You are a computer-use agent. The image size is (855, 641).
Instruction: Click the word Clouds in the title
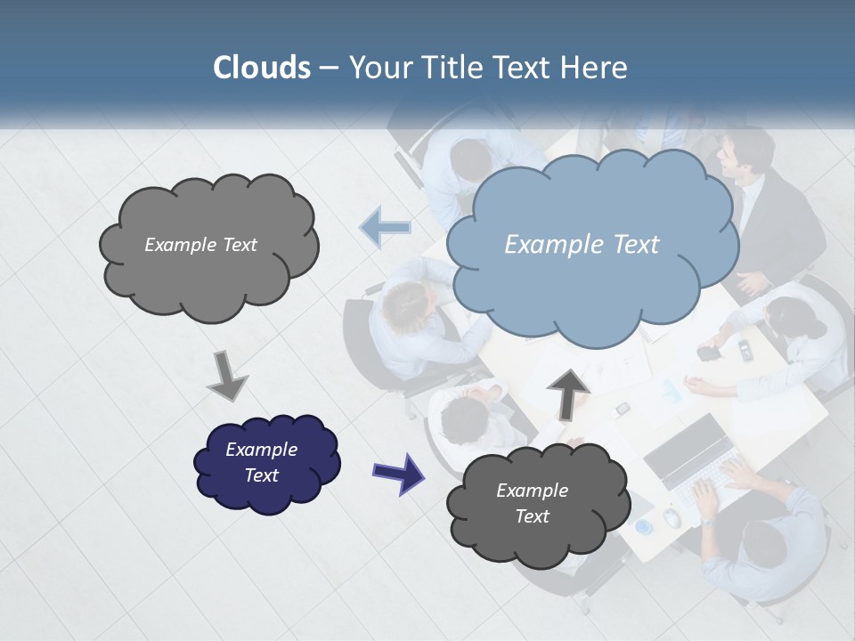(x=262, y=68)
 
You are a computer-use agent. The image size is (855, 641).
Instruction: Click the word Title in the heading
(x=452, y=68)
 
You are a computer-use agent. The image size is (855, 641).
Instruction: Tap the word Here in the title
(x=595, y=68)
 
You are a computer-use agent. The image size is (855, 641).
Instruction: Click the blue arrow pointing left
(x=386, y=228)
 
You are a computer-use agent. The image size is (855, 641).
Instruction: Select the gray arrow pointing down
(x=227, y=376)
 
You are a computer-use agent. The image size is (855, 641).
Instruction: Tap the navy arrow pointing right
(x=397, y=473)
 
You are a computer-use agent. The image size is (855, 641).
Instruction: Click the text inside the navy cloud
(x=261, y=462)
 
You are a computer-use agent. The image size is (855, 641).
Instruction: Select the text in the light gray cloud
(x=200, y=245)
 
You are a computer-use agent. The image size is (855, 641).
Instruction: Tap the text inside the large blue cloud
(x=582, y=245)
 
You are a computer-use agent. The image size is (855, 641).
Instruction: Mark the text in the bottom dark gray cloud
(x=532, y=503)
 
